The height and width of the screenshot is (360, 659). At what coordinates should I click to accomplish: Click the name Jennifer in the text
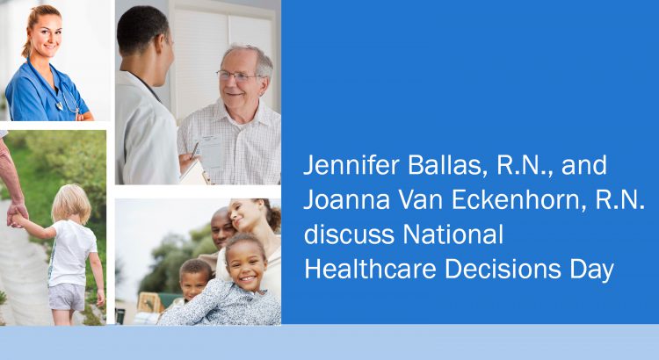point(351,165)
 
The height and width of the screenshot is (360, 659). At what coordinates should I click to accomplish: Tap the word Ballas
point(445,165)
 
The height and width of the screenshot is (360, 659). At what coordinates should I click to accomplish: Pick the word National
point(453,234)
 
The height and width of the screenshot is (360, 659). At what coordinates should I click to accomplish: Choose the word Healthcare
point(370,269)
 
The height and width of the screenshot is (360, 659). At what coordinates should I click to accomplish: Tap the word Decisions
point(503,269)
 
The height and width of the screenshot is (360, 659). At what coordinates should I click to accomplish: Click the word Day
point(591,270)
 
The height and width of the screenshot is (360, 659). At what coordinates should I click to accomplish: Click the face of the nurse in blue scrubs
point(47,33)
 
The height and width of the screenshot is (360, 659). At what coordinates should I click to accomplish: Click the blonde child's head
point(71,204)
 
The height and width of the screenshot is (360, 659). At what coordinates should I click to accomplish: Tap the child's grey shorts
point(67,296)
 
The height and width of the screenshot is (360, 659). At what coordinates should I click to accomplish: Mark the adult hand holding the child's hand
point(17,213)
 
